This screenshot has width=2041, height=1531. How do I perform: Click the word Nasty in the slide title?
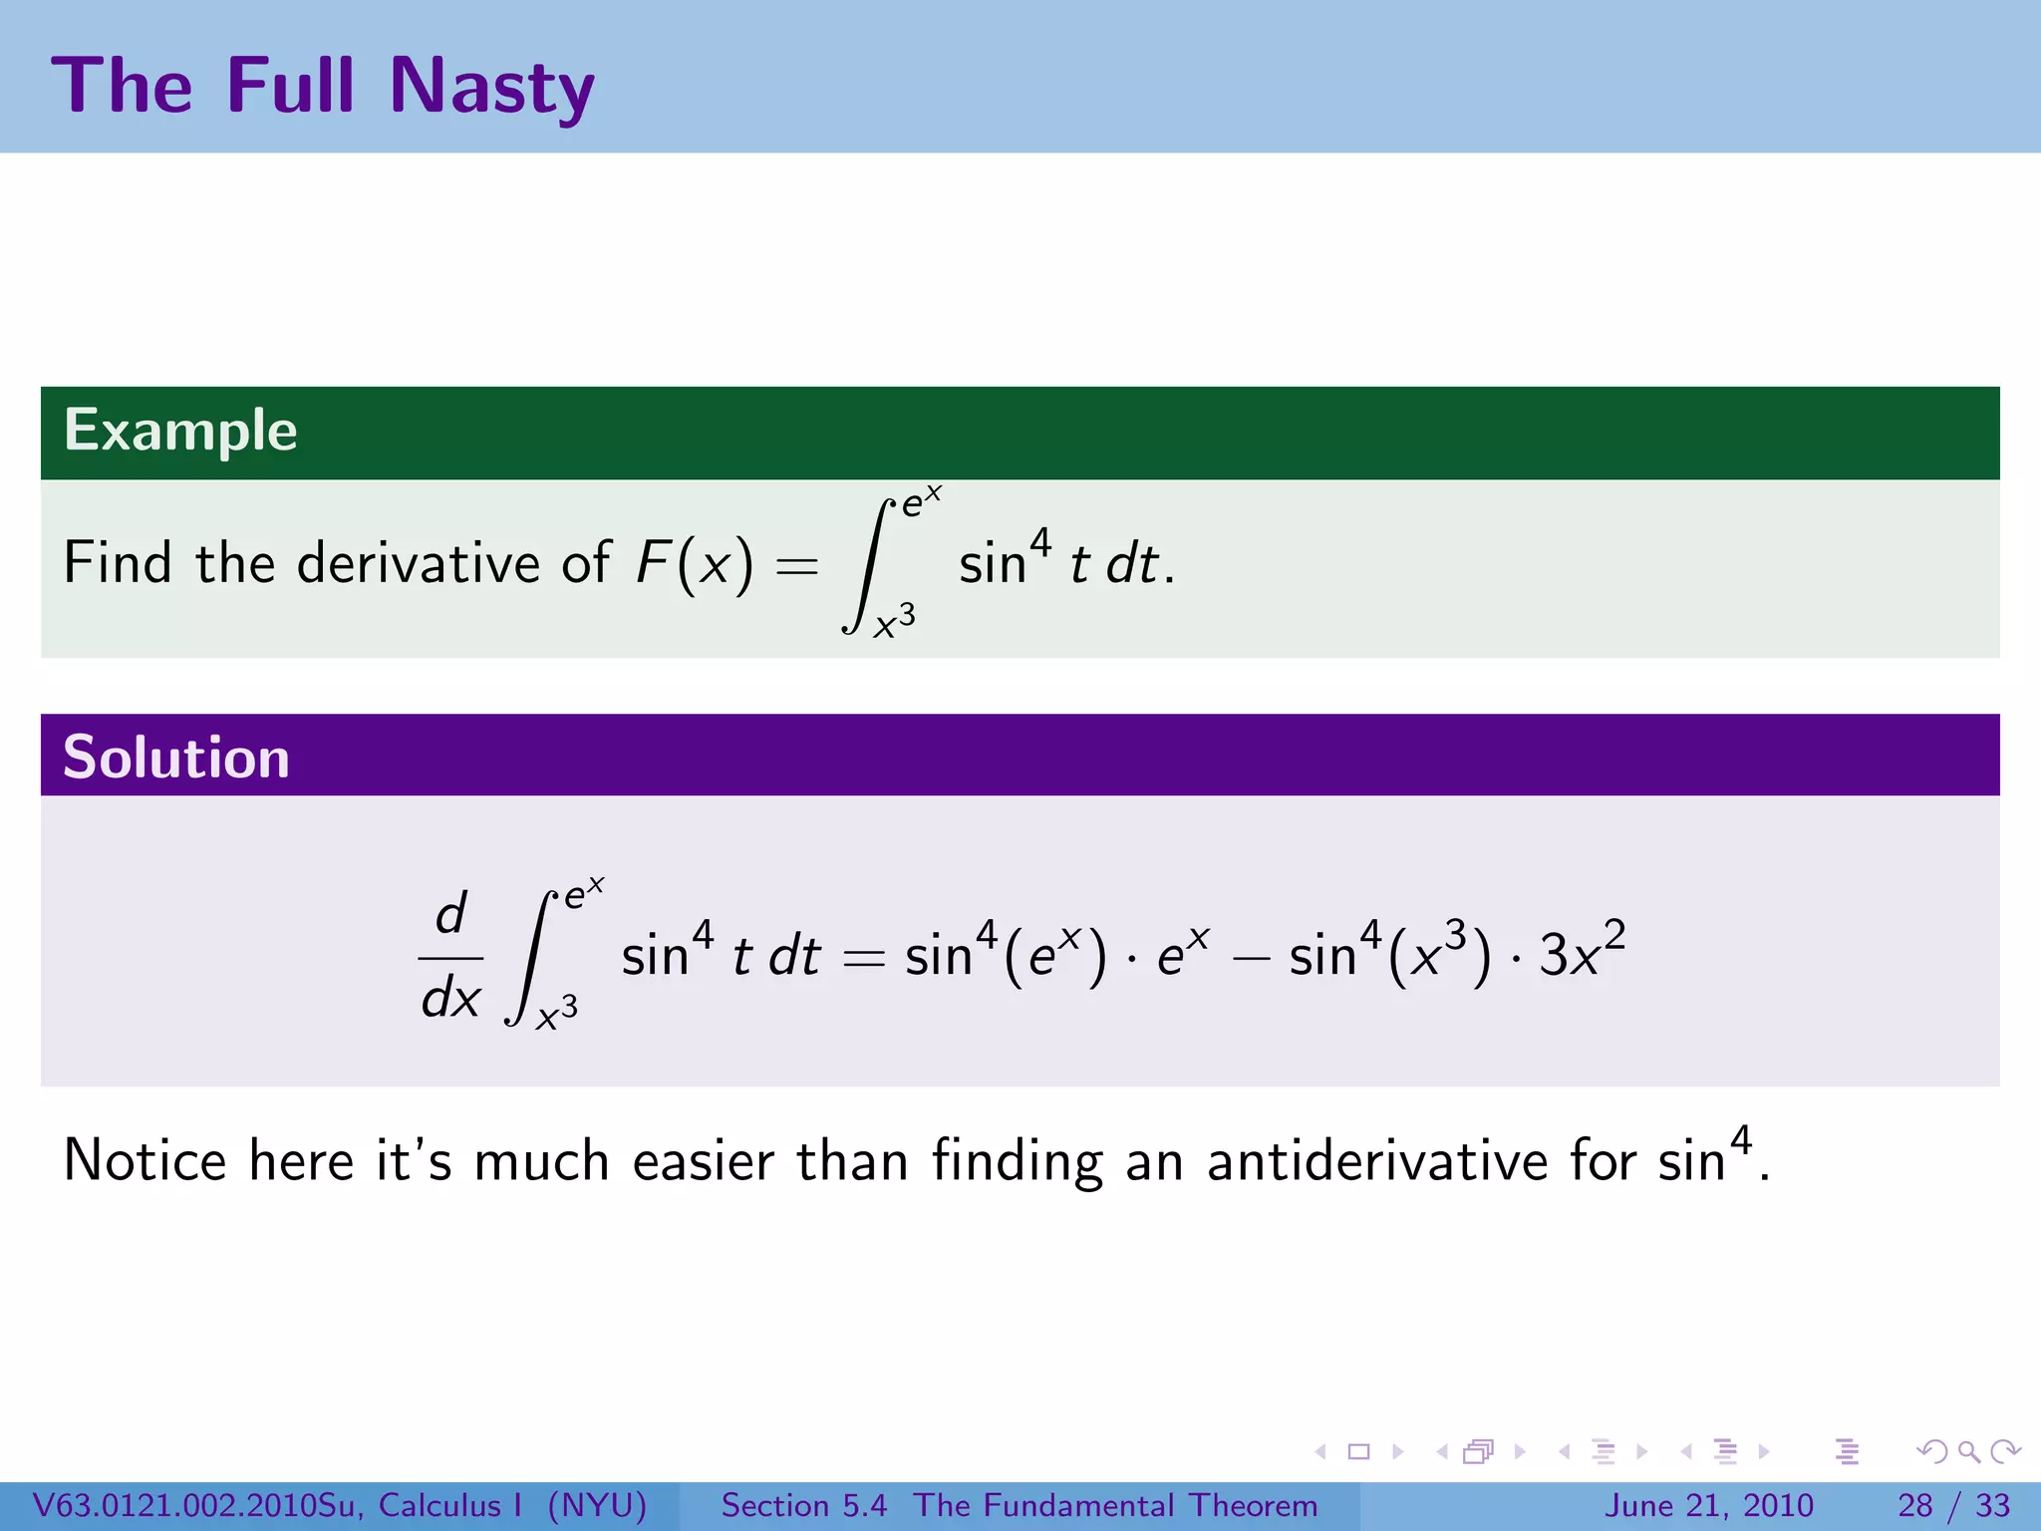pyautogui.click(x=491, y=88)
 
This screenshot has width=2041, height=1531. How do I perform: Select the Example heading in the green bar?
pyautogui.click(x=180, y=431)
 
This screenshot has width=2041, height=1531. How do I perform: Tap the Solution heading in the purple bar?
pyautogui.click(x=176, y=758)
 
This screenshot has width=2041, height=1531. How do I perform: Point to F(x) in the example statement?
pyautogui.click(x=695, y=563)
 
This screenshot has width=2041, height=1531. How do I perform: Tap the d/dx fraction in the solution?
pyautogui.click(x=450, y=957)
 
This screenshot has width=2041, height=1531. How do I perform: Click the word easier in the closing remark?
pyautogui.click(x=704, y=1161)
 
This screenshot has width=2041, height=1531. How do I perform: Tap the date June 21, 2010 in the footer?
pyautogui.click(x=1708, y=1505)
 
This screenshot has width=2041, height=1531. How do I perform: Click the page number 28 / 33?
pyautogui.click(x=1953, y=1505)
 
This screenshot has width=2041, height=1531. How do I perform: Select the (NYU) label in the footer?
pyautogui.click(x=597, y=1505)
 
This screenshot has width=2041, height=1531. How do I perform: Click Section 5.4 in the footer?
pyautogui.click(x=803, y=1505)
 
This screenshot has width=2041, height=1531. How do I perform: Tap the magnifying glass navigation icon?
pyautogui.click(x=1968, y=1451)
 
